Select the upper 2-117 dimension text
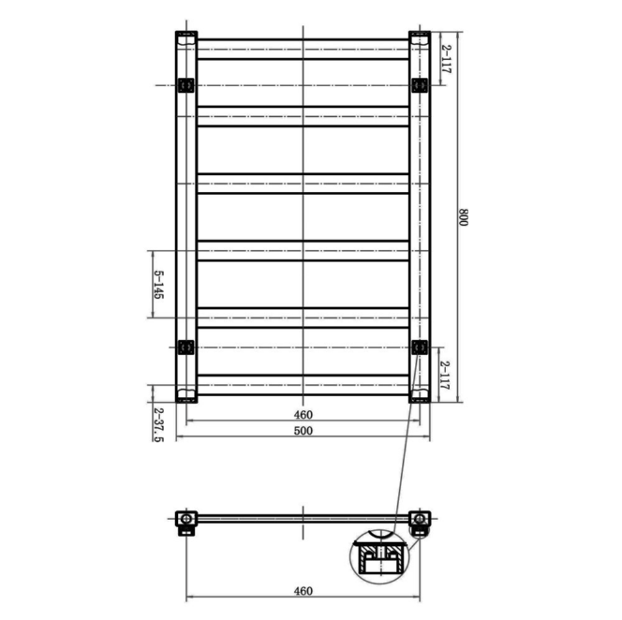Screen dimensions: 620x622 click(x=447, y=59)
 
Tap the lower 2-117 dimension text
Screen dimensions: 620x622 click(x=447, y=375)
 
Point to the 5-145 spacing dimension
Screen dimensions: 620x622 click(x=158, y=285)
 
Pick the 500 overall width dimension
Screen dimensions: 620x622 click(x=303, y=431)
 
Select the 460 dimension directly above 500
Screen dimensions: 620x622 click(x=303, y=414)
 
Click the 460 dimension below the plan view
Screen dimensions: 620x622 click(x=303, y=591)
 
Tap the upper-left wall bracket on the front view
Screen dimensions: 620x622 click(x=185, y=85)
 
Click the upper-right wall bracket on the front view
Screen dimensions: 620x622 click(x=419, y=85)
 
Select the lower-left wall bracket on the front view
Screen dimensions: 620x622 click(x=185, y=347)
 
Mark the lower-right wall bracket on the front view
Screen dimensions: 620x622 click(x=419, y=347)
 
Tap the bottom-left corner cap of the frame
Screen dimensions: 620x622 click(x=185, y=393)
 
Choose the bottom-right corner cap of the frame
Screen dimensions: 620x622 click(x=420, y=393)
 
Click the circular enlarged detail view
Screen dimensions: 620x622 click(x=379, y=559)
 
